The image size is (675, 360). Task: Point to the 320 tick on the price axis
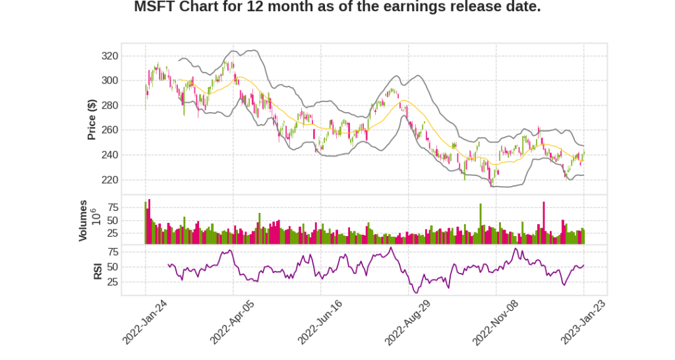point(128,56)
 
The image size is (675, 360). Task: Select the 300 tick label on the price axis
point(128,80)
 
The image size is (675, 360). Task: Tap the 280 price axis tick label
point(128,105)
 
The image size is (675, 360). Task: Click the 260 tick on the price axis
point(128,130)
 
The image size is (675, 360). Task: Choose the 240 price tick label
point(128,155)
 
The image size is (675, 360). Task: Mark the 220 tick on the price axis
point(128,179)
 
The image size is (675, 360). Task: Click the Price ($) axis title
point(92,119)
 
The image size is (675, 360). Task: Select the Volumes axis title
point(83,220)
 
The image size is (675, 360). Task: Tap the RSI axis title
point(98,271)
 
